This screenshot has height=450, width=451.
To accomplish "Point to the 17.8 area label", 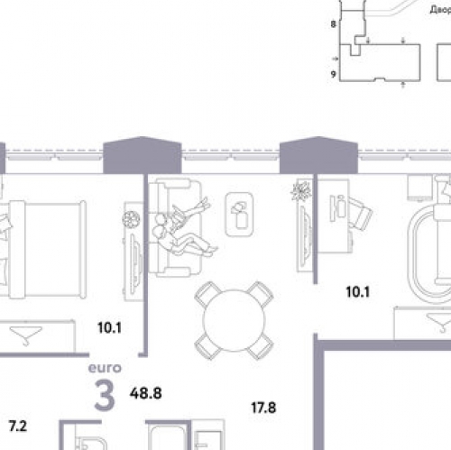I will coord(262,408).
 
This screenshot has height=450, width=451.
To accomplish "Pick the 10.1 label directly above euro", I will coord(109,328).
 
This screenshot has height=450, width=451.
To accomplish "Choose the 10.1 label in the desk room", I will coord(360,291).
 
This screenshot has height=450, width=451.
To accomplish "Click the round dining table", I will coord(234,320).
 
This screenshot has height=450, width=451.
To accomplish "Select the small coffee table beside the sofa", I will coord(238,214).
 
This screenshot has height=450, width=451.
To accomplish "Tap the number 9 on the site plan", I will coord(333,74).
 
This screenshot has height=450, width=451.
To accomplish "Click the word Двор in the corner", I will coord(439,10).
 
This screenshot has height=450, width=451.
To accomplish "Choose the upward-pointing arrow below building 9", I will coord(400,84).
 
